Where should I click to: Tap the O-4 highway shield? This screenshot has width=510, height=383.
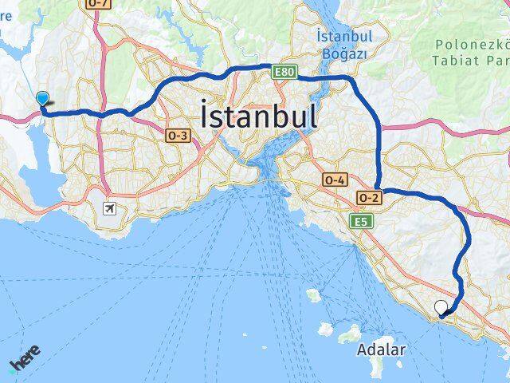coord(334,181)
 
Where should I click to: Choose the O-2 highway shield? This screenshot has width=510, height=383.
coord(368,197)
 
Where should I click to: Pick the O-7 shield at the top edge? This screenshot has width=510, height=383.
coord(99,4)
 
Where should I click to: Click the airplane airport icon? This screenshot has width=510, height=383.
coord(109,209)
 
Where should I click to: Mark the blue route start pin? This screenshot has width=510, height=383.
coord(42,99)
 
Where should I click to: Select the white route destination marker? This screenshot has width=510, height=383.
coord(441,306)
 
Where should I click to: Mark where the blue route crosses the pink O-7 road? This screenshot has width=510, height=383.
coord(101,114)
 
